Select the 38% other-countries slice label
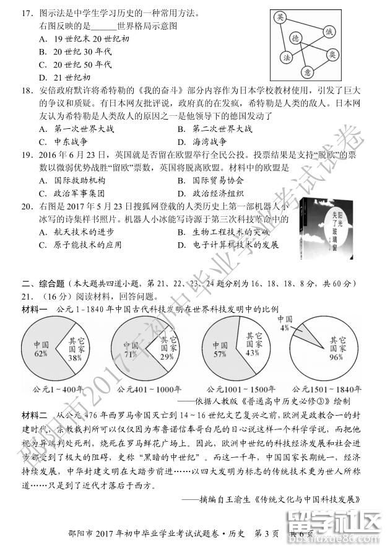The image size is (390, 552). coord(75,358)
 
